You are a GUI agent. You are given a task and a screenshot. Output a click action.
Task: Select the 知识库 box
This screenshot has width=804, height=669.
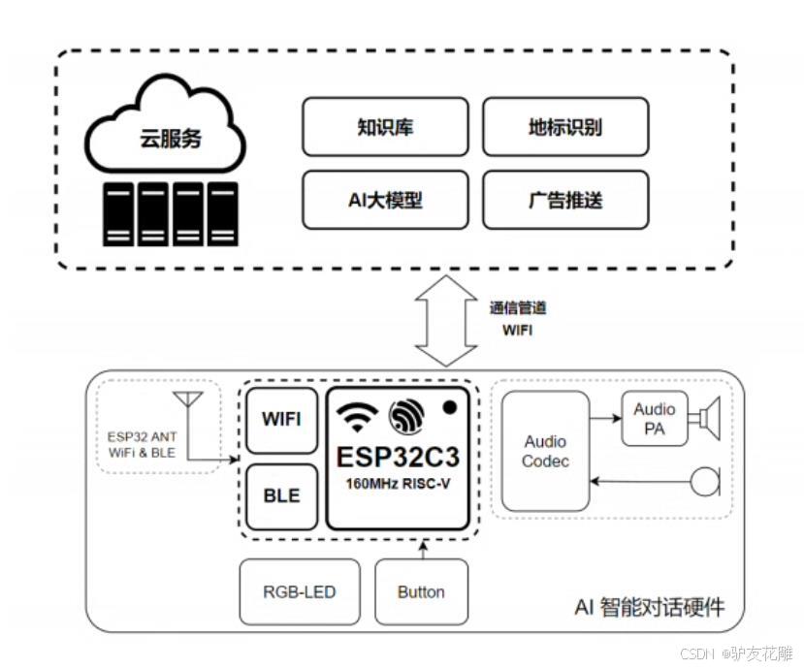point(385,127)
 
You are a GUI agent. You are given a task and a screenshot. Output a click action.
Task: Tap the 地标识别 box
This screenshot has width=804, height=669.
point(565,127)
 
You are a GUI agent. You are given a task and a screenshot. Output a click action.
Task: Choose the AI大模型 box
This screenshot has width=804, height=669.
point(385,201)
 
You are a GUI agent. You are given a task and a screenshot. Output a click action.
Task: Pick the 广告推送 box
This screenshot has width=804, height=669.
point(565,201)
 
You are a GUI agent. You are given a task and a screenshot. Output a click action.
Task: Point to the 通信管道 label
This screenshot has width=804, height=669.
point(517,307)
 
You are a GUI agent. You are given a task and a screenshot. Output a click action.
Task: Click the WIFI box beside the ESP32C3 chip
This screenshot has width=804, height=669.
point(281,419)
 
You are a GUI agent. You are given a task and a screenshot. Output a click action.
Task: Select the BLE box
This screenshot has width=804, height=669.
point(281,495)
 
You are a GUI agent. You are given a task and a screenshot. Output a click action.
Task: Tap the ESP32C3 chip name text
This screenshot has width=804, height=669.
point(398,456)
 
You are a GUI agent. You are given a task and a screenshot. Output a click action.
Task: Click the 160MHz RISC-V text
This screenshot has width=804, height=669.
point(398,484)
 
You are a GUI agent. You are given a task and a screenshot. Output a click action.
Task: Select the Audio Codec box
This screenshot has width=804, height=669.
point(545,451)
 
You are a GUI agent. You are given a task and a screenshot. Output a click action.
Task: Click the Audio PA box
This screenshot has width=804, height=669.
point(655,419)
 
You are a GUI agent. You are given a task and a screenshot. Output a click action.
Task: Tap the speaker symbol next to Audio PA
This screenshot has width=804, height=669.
point(705,418)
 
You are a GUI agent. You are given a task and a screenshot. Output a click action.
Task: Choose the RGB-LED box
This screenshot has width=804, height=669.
point(300,591)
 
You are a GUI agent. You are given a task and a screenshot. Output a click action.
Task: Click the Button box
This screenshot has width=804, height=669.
point(421,591)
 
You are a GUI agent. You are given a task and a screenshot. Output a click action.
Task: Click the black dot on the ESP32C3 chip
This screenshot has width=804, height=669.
point(449,408)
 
